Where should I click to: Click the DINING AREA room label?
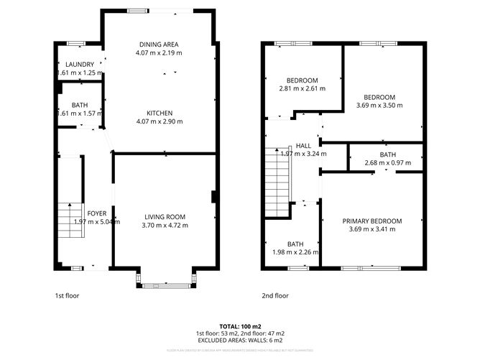coord(159,44)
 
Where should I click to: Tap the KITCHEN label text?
coord(159,113)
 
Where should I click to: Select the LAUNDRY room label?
coord(75,64)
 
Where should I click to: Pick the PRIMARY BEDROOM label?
coord(371,221)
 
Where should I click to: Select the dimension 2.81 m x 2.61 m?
coord(302,88)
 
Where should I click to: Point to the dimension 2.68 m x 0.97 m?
coord(387,163)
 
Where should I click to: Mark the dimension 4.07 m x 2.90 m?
coord(159,121)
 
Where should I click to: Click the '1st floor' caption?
coord(67,295)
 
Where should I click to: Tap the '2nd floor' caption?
coord(274,295)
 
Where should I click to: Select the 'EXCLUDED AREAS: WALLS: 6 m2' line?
coord(240,341)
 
